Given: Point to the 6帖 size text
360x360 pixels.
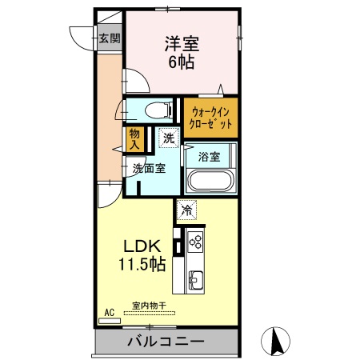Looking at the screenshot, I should point(183,63).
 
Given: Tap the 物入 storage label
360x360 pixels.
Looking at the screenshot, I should point(134,141).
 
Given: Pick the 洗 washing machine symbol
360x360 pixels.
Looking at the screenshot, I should point(168,139).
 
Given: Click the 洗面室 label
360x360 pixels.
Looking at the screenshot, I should point(149,169).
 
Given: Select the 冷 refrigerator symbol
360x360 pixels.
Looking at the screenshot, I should point(186,210).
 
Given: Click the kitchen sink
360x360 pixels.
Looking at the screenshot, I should point(196,279).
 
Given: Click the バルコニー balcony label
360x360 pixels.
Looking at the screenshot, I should point(165,342).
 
